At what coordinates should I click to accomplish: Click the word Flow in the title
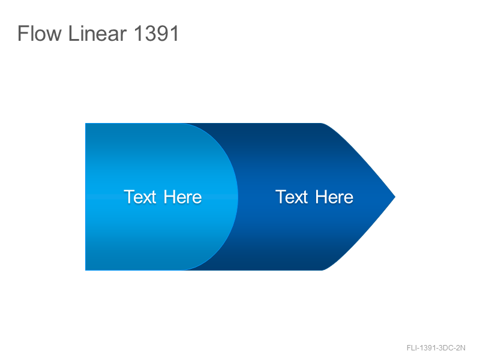[40, 33]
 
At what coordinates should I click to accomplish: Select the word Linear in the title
[98, 33]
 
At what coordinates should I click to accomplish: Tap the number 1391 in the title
[156, 34]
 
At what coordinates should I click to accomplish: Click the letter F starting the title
[23, 33]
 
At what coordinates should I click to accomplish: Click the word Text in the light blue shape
[140, 197]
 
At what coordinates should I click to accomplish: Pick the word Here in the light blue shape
[183, 197]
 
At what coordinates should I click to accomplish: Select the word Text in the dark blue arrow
[292, 197]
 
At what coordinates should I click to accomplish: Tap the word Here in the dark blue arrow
[334, 197]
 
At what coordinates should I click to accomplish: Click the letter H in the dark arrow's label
[321, 197]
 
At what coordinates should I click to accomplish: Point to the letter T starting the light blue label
[129, 197]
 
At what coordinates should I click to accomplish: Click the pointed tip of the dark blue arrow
[395, 197]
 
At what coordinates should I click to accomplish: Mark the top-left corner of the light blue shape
[85, 124]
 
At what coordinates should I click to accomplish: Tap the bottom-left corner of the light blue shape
[85, 271]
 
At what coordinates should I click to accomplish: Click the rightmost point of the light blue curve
[238, 197]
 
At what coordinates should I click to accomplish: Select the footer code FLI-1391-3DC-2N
[436, 348]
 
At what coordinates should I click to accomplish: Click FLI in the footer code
[412, 348]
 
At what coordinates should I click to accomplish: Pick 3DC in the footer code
[445, 348]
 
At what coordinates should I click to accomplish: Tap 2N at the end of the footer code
[460, 348]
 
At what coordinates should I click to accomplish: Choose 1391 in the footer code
[427, 348]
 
